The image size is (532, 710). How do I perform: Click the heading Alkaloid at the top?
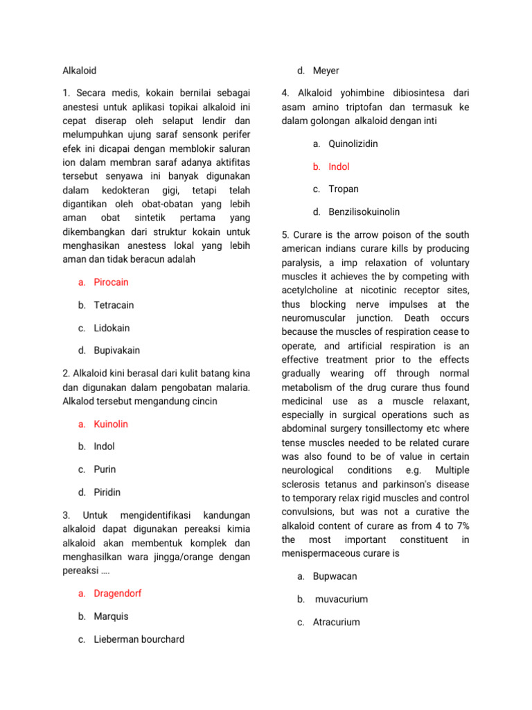(80, 71)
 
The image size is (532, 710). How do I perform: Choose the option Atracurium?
(336, 622)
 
